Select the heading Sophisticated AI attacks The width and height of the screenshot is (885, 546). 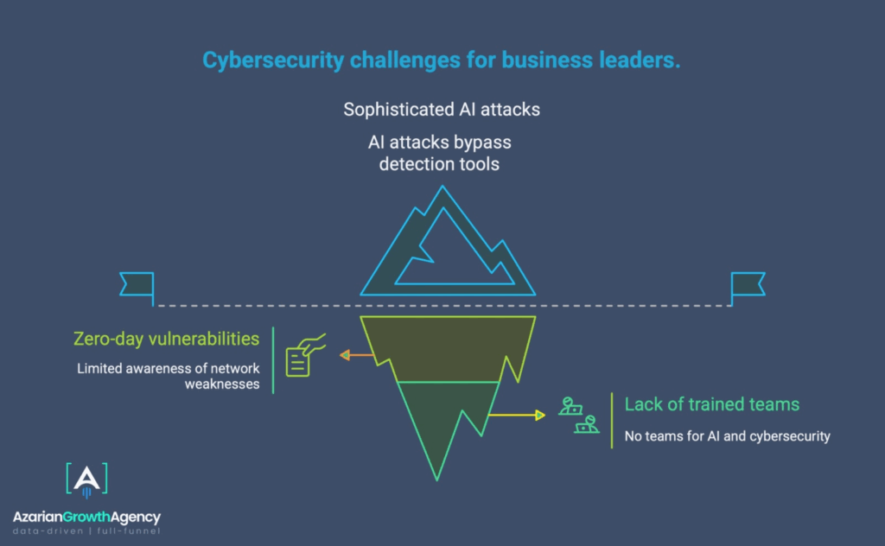pyautogui.click(x=442, y=110)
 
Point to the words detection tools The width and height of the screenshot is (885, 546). pyautogui.click(x=439, y=163)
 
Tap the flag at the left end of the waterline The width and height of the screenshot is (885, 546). pyautogui.click(x=137, y=284)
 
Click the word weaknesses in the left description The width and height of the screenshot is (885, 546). pyautogui.click(x=222, y=384)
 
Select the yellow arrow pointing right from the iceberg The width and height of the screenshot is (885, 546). pyautogui.click(x=518, y=416)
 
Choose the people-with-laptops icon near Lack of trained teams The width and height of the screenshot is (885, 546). pyautogui.click(x=578, y=416)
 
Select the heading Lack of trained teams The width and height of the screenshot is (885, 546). pyautogui.click(x=711, y=404)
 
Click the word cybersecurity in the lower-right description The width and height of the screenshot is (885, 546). pyautogui.click(x=786, y=436)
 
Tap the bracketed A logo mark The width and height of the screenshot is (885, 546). pyautogui.click(x=86, y=480)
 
